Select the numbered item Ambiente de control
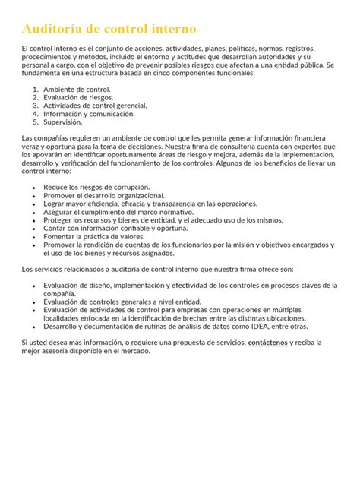click(x=77, y=90)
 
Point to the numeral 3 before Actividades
click(x=35, y=106)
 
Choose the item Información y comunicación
click(x=89, y=114)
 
